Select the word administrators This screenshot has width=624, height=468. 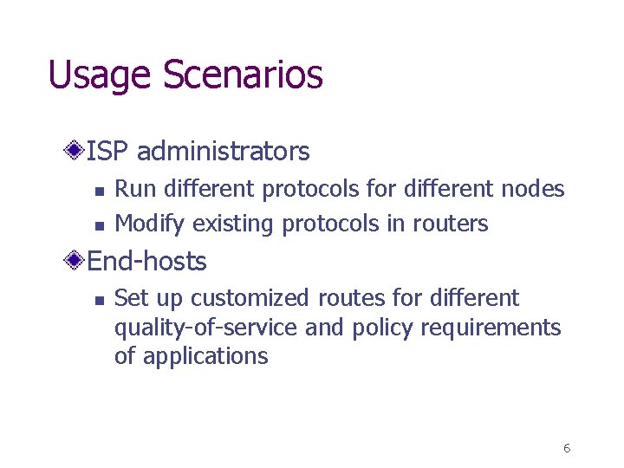223,152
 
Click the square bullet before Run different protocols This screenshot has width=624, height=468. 99,191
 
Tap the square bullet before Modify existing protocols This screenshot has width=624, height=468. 99,225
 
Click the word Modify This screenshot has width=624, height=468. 150,224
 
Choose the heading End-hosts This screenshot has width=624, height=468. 146,261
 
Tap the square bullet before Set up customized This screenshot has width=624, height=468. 99,300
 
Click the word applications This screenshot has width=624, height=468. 204,356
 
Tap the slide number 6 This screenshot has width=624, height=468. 566,448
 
